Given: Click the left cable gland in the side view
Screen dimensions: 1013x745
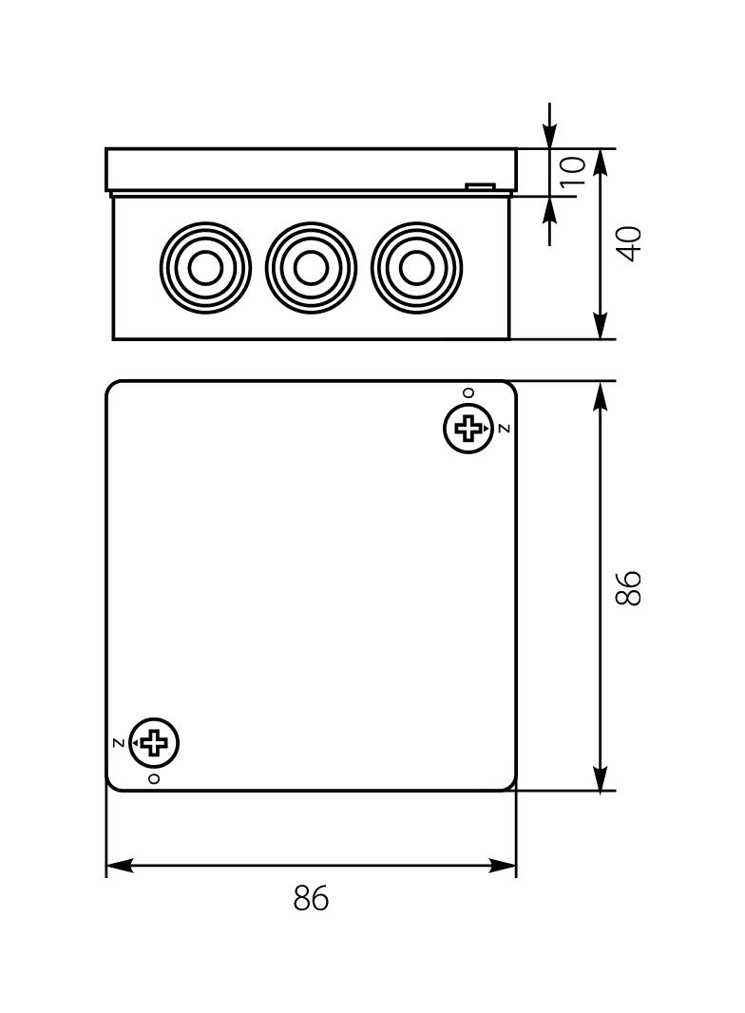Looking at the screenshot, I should click(205, 268).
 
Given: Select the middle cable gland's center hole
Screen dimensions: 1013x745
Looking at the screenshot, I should click(311, 268).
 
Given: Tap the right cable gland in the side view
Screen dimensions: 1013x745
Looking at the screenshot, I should click(416, 268).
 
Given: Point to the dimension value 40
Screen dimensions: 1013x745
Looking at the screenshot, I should click(629, 243).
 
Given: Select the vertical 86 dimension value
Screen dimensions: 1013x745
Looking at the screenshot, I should click(629, 586).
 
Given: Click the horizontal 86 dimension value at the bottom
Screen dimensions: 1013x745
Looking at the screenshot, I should click(311, 898).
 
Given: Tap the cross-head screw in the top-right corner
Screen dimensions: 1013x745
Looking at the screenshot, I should click(468, 428).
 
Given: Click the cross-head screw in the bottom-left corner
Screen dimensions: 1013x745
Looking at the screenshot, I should click(154, 742).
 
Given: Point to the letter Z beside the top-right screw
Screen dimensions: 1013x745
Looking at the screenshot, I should click(504, 429).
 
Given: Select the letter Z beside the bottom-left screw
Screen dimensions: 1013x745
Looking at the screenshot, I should click(118, 742).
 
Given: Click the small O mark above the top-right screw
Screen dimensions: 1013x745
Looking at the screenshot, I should click(468, 392).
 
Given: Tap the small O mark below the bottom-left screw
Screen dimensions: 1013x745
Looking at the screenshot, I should click(154, 778).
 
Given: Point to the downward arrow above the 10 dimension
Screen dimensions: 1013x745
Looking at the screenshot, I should click(550, 137).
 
